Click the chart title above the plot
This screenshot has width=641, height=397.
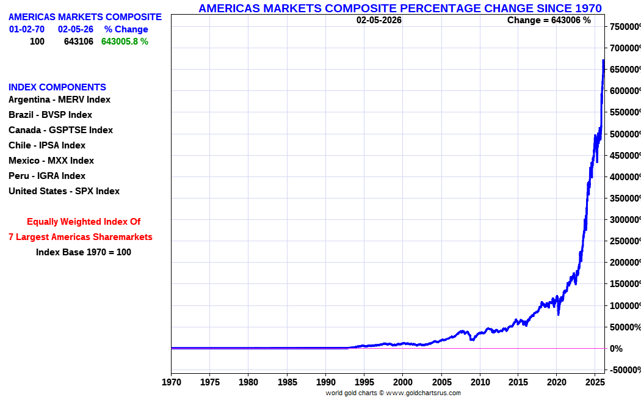pos(400,8)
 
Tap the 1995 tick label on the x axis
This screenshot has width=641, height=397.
pos(364,382)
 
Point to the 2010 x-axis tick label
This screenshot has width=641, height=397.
pos(480,382)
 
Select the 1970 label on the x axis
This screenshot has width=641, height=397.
pos(171,382)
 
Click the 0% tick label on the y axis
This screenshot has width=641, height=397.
pos(615,349)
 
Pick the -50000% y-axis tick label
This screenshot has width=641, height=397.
pos(624,370)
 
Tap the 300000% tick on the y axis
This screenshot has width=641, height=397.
pos(624,220)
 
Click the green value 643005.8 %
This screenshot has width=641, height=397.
pos(125,42)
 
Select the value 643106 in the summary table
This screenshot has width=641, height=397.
pos(79,42)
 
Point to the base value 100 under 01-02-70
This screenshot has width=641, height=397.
pos(37,42)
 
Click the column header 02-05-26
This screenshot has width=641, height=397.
pos(76,29)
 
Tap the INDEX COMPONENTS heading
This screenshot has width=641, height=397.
pos(57,87)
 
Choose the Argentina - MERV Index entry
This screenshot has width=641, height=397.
pos(59,100)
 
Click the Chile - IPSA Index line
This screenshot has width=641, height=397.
pos(47,145)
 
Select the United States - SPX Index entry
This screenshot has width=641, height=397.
pos(64,191)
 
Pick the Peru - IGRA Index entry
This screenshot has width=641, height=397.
pos(47,176)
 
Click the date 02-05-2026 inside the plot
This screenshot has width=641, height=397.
pos(379,20)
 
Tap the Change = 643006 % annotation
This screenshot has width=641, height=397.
pos(549,20)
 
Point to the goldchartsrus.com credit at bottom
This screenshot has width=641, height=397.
pos(393,393)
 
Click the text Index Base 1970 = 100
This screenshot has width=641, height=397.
pos(84,252)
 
